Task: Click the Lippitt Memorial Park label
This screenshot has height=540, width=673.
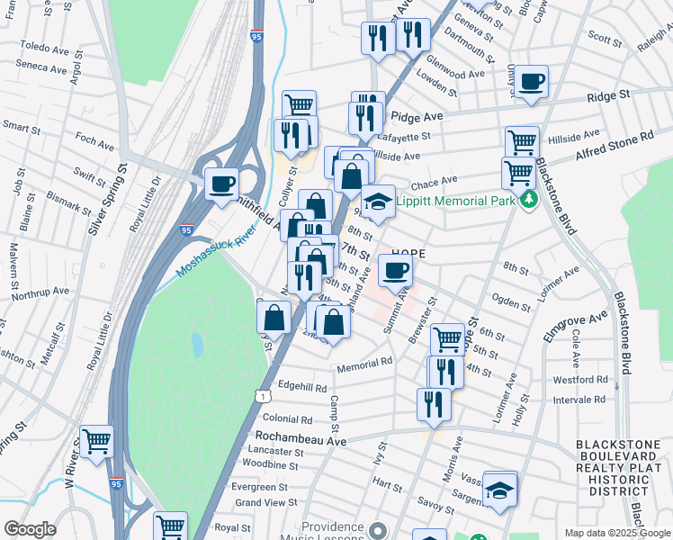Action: tap(455, 202)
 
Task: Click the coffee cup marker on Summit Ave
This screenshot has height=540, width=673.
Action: tap(395, 270)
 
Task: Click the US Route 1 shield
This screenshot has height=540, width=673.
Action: tap(260, 395)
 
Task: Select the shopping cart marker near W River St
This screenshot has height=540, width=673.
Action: tap(97, 442)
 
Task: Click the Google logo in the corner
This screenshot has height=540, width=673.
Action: tap(30, 529)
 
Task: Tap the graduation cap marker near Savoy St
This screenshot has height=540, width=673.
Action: tap(499, 490)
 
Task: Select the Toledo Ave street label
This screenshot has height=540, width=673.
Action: tap(44, 45)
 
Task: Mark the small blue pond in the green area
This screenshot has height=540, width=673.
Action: tap(197, 344)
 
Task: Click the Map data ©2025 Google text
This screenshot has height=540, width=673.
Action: tap(617, 533)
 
